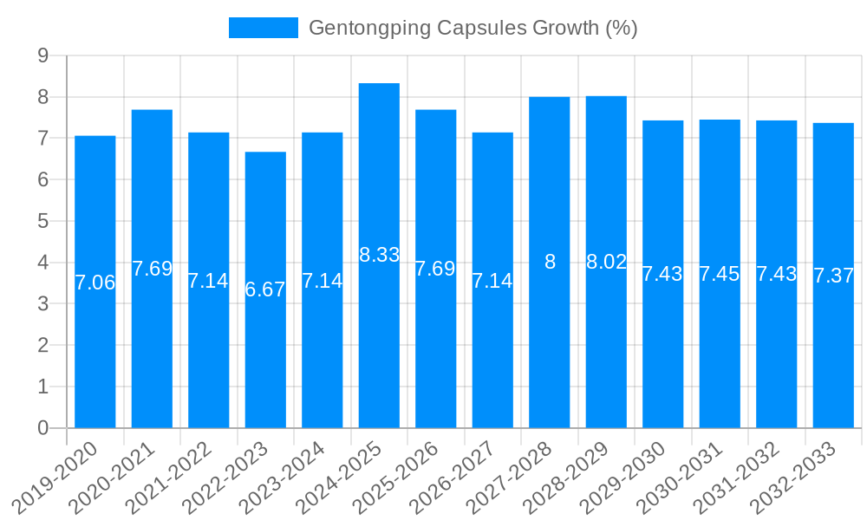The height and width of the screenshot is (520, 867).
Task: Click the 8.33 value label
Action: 379,255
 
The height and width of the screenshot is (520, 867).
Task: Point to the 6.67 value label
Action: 265,289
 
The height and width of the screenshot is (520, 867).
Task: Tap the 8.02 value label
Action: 606,262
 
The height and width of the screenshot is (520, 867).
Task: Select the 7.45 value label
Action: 720,274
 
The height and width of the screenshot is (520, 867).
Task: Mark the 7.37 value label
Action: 833,276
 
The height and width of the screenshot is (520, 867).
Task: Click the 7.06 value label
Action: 95,283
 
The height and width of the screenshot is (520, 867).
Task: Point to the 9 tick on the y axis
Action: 42,56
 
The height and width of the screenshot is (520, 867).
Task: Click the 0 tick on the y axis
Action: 42,428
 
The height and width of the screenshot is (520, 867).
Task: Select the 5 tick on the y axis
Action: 42,222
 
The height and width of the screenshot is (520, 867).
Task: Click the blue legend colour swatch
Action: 263,28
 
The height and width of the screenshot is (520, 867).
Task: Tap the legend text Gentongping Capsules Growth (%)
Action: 473,28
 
